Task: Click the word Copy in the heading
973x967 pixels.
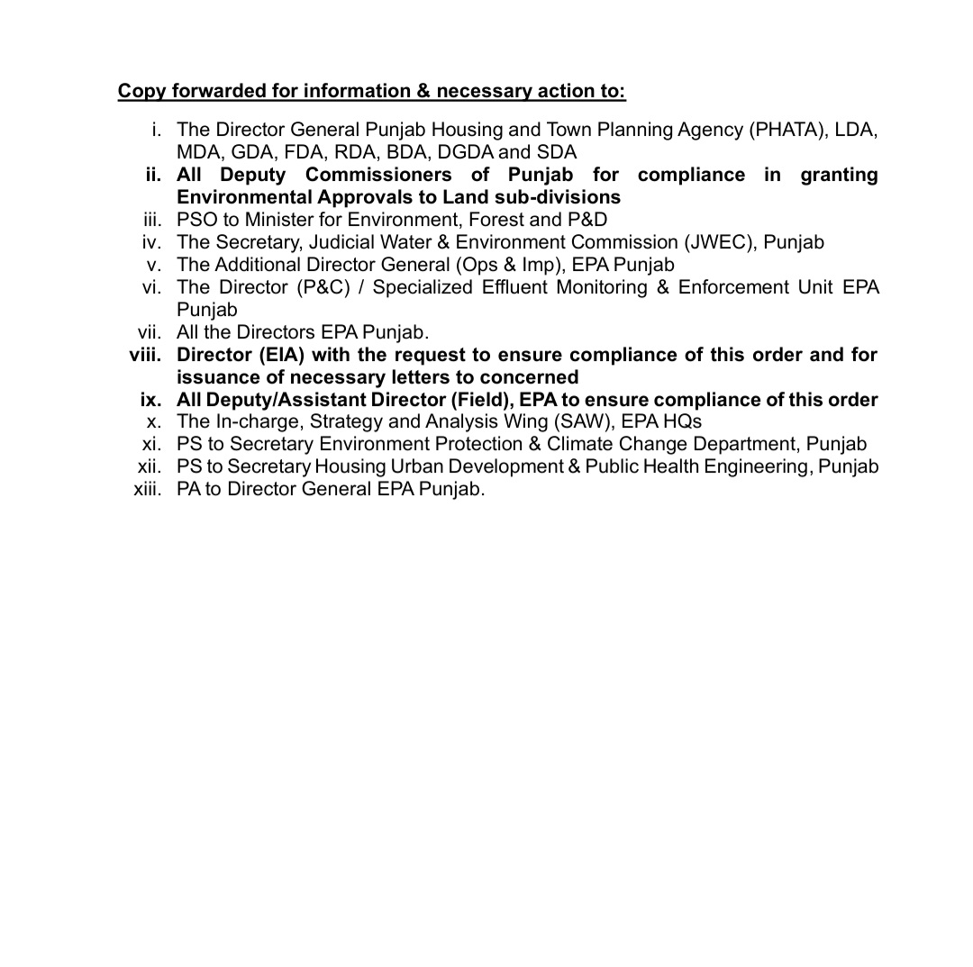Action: click(x=141, y=91)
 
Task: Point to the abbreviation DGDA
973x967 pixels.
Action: click(x=467, y=152)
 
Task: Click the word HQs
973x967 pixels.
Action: click(x=682, y=421)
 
